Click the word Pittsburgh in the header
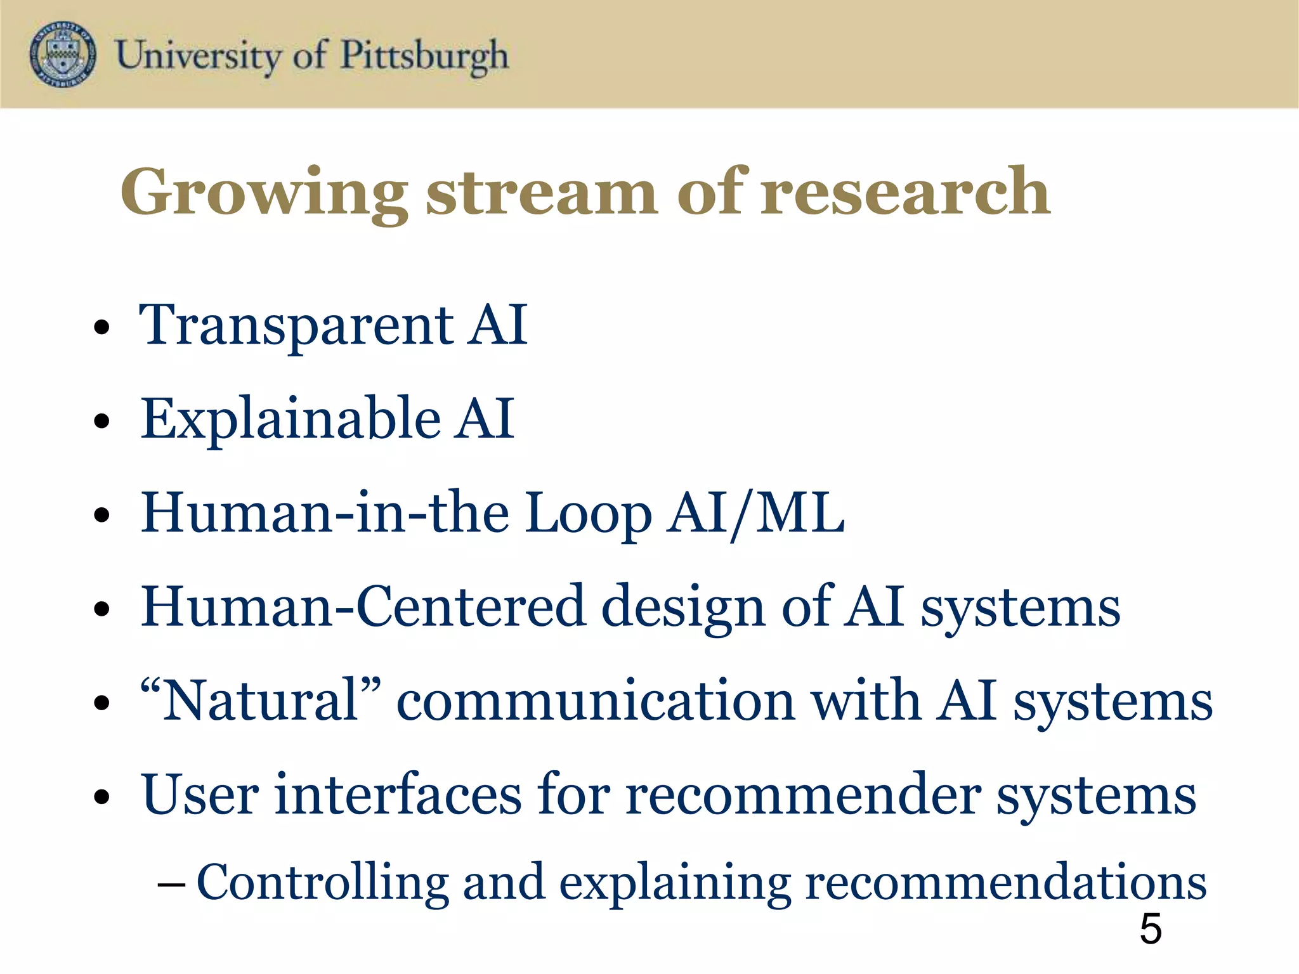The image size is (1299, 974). (424, 56)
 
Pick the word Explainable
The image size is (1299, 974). (290, 419)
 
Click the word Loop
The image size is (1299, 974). (588, 514)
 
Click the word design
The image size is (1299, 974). (682, 607)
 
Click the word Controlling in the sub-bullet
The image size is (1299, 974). (323, 883)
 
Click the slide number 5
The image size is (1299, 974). (1151, 930)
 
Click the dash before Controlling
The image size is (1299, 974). (171, 883)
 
